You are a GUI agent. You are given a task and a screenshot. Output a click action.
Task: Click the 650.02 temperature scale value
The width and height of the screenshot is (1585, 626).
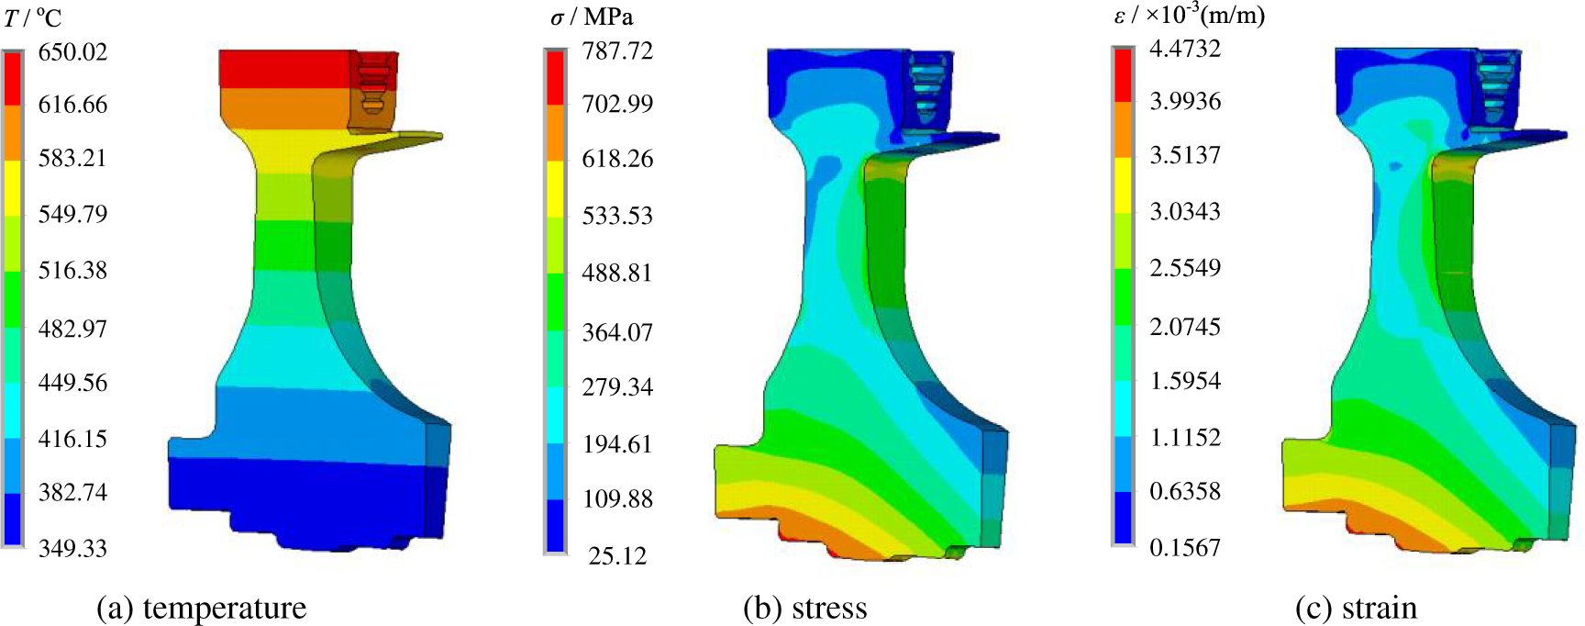[x=72, y=52]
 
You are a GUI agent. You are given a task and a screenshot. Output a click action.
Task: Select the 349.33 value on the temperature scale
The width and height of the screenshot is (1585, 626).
[x=72, y=549]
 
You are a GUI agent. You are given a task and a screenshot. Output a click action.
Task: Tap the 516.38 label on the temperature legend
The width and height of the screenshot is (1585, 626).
[x=72, y=271]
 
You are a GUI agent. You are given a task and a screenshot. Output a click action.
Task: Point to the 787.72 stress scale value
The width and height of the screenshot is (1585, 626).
[x=617, y=51]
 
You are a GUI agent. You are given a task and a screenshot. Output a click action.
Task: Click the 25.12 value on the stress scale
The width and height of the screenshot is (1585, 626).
[x=617, y=556]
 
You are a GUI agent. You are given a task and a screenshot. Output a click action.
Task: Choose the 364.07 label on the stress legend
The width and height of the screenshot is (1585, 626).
[x=617, y=332]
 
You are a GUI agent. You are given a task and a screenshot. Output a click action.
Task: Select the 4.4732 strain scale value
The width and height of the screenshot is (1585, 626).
[x=1185, y=49]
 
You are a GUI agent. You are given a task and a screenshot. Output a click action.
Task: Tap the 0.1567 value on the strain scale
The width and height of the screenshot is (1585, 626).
[x=1185, y=548]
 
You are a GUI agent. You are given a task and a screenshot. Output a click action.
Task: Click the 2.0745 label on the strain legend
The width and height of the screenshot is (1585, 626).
[x=1185, y=327]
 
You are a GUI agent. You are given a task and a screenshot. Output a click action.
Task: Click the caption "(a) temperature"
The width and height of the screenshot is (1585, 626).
[x=202, y=608]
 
